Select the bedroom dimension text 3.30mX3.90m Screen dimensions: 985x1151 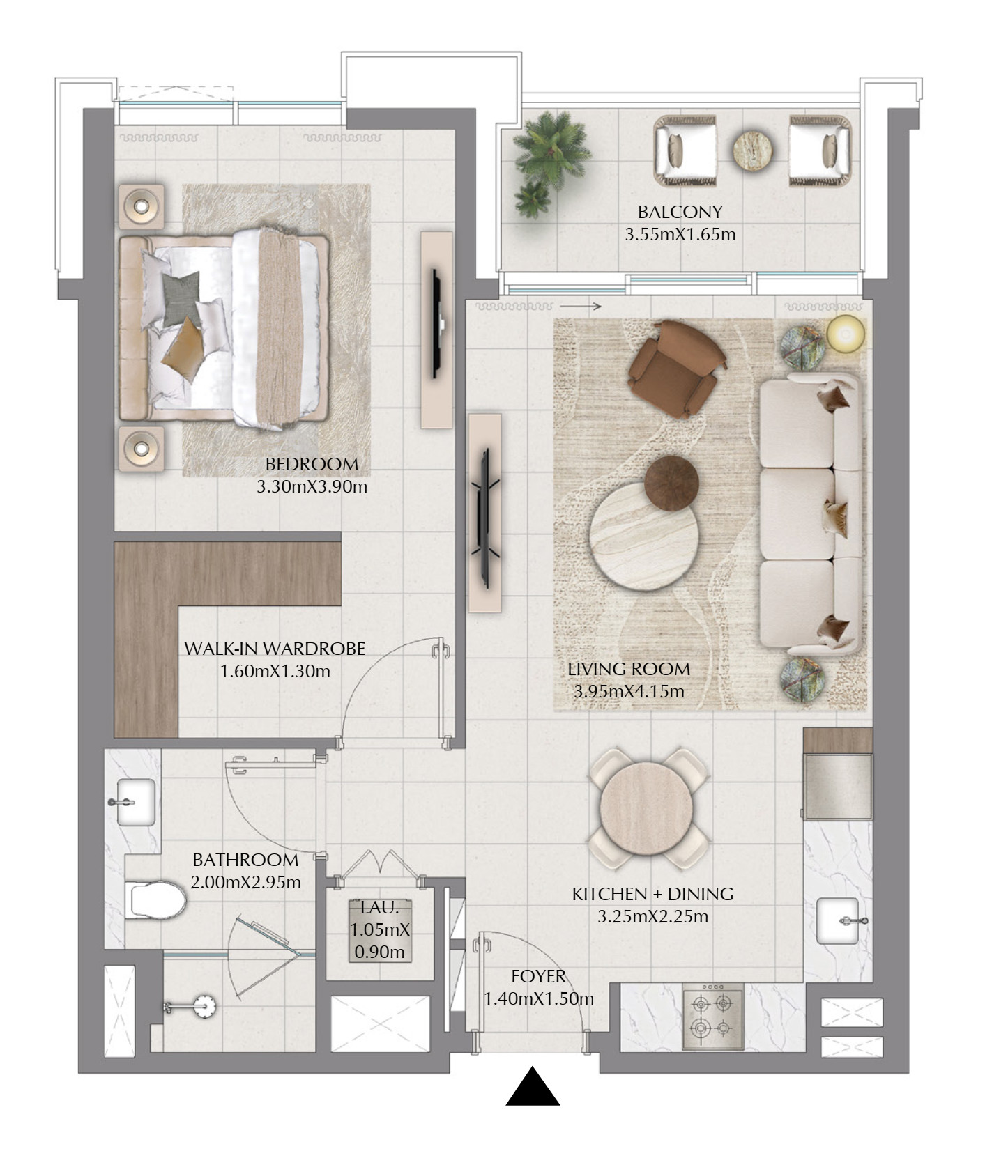(312, 487)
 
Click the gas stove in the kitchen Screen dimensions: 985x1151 (712, 1016)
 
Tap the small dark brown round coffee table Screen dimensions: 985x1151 (671, 483)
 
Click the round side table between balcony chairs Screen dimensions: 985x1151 (752, 149)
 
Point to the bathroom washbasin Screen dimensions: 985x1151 (133, 802)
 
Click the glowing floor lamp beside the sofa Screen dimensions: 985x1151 (846, 333)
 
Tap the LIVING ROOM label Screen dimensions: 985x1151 (629, 670)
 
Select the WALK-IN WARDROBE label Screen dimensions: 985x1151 (275, 649)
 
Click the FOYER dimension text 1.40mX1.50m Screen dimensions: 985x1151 (539, 999)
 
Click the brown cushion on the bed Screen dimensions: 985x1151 (183, 350)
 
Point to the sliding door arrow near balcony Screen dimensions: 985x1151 (580, 306)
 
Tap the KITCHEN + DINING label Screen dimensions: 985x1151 (652, 894)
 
